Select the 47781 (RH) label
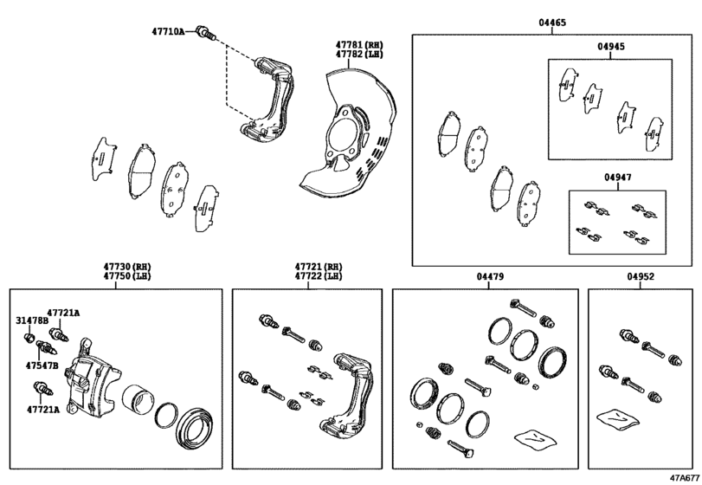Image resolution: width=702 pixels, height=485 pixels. pos(358,42)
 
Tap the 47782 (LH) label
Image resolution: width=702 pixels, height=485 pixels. pos(358,53)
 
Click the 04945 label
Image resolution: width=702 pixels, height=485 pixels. pos(609,48)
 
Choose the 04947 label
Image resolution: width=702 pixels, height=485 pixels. pos(617,178)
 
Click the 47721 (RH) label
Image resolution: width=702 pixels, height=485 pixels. pos(318,267)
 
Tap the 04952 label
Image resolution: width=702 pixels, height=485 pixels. pos(640,277)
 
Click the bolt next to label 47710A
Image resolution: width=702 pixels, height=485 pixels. pos(206,33)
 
